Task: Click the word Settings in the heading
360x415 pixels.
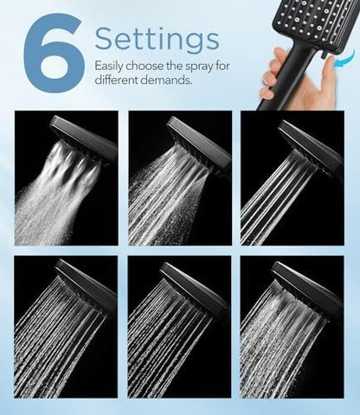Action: pos(156,39)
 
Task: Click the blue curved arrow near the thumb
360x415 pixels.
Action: pos(344,59)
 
